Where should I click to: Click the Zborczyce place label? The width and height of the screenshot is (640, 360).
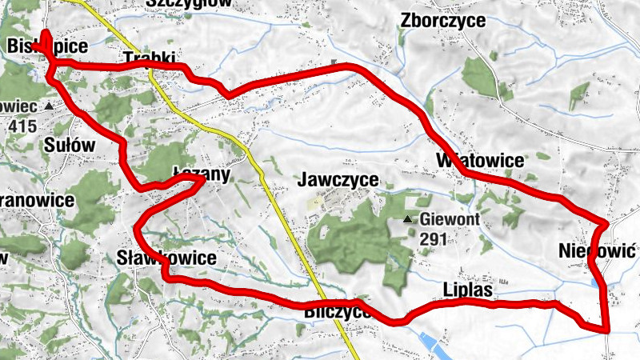coord(445,21)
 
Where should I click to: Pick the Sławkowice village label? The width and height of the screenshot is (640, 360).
coord(166,258)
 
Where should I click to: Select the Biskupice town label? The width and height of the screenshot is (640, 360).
coord(46,47)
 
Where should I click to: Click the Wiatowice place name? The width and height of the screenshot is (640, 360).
coord(480,160)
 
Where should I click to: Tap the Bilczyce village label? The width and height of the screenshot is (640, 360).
coord(338,312)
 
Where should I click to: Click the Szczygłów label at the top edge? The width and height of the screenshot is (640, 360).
coord(189,3)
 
